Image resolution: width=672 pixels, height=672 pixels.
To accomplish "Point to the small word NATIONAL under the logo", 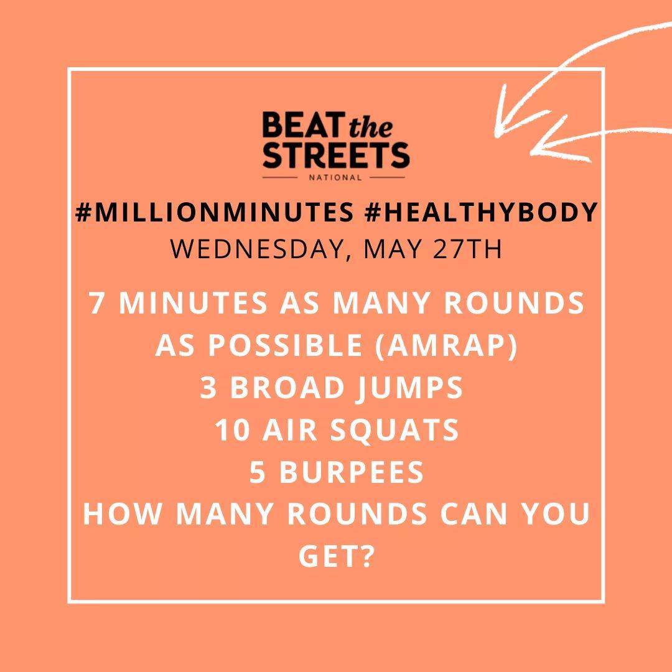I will click(336, 177).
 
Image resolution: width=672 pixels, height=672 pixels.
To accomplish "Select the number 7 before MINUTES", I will click(96, 304).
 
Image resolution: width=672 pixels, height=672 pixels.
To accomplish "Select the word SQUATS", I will click(398, 430).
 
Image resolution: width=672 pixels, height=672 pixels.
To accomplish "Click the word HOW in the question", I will click(112, 515).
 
